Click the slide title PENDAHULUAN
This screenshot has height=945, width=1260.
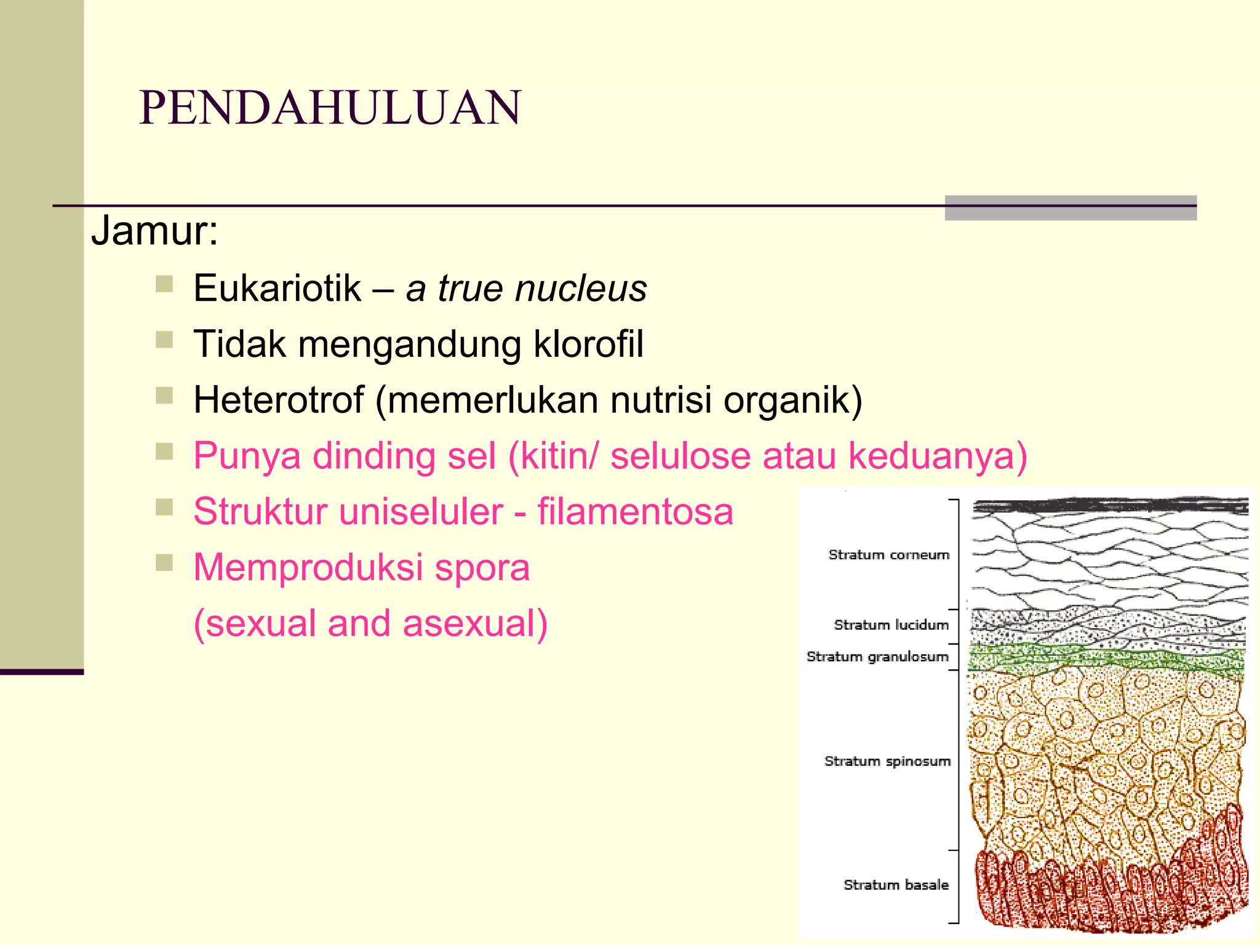coord(330,108)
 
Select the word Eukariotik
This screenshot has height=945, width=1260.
coord(277,288)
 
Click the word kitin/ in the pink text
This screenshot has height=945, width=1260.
coord(559,456)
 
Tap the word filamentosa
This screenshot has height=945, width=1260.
coord(635,512)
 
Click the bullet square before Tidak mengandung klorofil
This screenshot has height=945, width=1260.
coord(164,340)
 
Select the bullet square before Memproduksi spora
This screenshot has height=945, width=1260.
coord(164,563)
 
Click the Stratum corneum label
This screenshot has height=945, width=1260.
coord(888,555)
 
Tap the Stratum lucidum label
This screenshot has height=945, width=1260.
coord(891,625)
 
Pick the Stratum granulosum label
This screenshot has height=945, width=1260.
coord(877,657)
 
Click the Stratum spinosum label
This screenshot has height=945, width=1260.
coord(887,762)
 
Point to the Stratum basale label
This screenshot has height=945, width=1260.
coord(896,885)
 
